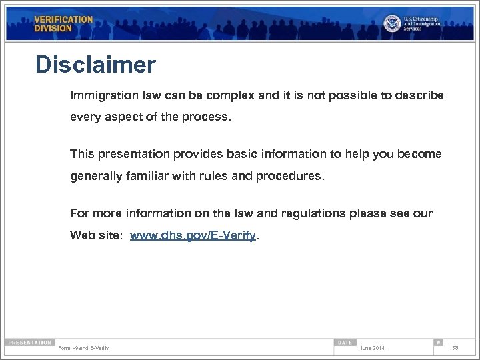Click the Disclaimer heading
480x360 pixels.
point(95,65)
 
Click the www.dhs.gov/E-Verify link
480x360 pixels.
point(193,236)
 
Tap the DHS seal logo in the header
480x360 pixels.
point(392,23)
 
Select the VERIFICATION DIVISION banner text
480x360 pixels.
point(63,24)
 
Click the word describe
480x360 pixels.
point(419,95)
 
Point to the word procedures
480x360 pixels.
point(292,177)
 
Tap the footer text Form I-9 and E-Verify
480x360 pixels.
point(84,348)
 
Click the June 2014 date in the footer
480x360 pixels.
point(372,348)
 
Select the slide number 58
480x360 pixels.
point(455,348)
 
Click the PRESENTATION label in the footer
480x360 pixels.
point(29,342)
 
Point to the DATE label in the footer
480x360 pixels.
point(345,342)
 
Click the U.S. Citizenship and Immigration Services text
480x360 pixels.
point(422,23)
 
